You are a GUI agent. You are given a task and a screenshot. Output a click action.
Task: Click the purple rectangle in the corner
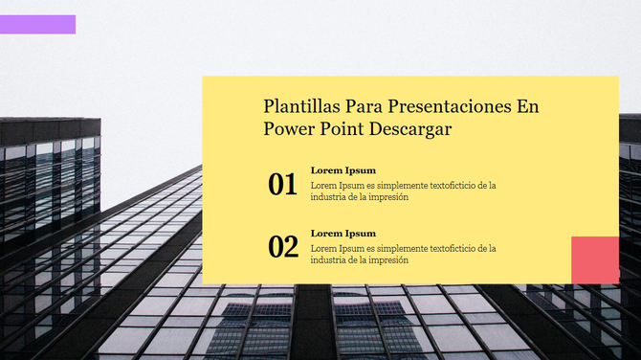coord(38,24)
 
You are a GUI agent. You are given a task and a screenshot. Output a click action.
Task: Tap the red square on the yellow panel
coord(594,259)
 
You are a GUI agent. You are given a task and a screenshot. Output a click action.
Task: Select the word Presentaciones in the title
coord(448,105)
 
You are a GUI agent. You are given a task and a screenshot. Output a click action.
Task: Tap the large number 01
coord(283,184)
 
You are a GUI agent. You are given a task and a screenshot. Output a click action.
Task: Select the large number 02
coord(283,247)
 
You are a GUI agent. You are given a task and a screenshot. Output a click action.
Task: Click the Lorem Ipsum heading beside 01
coord(343,170)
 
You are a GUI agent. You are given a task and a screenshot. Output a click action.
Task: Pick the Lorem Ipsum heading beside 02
coord(343,234)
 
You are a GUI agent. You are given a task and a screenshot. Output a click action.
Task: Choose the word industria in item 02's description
coord(328,260)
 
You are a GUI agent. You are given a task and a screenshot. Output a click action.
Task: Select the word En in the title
coord(528,105)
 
